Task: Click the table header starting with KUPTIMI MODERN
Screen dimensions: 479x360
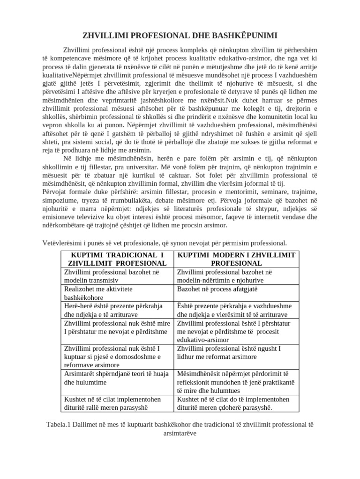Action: pos(236,259)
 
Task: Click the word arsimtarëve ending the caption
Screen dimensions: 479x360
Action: pos(180,433)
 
